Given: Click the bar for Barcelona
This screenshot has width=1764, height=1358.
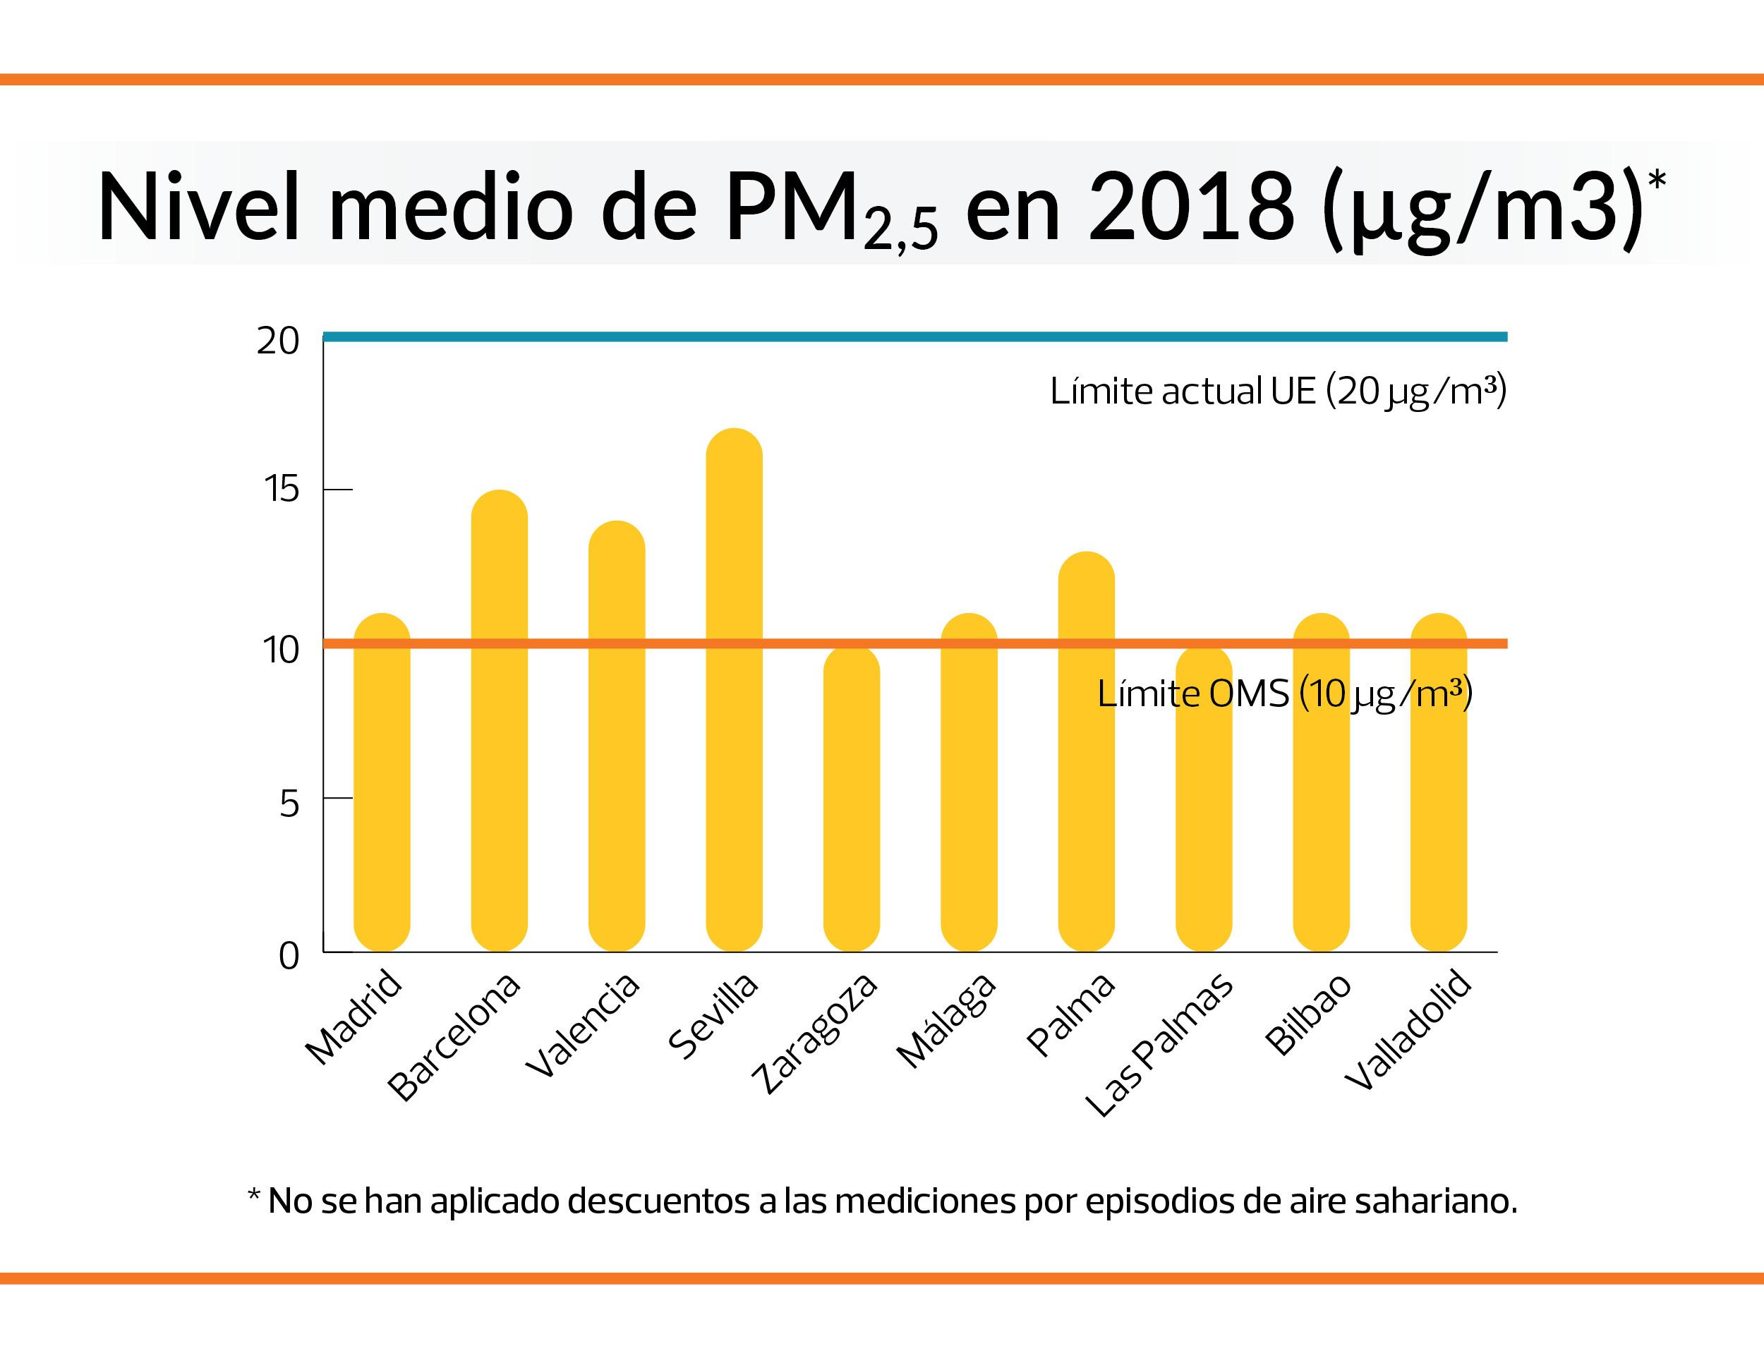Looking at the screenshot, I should pos(499,727).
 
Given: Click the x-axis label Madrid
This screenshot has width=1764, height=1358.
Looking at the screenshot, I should pos(354,1017).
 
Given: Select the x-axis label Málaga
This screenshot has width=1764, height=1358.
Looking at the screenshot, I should pos(947,1022).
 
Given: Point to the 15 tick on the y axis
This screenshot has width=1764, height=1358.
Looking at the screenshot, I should pos(281,490).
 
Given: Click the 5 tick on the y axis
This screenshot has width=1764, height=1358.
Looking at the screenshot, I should pos(289,804).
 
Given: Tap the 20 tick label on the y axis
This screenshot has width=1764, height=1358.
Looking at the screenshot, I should pos(278,341).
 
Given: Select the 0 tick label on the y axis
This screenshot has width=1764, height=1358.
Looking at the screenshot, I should pos(289,956).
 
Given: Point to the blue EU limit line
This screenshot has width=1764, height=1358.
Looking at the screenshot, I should pos(888,337).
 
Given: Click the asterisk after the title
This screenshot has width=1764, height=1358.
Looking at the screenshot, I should pos(1657,178).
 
